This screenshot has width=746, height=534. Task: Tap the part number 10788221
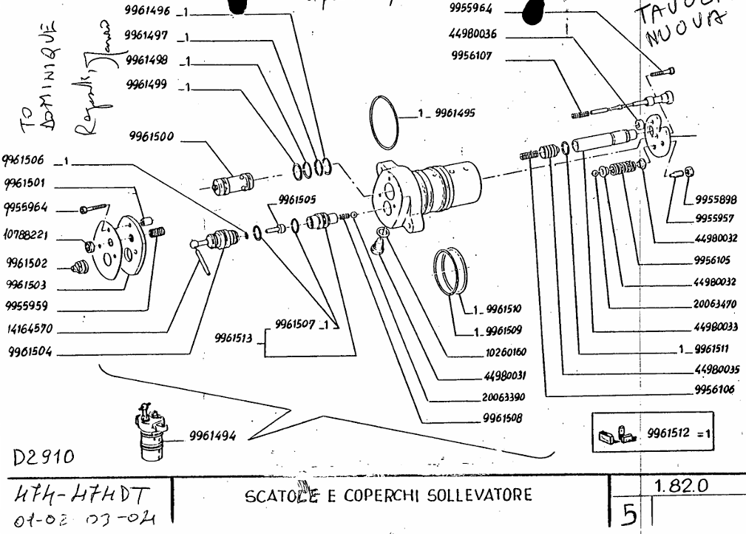[27, 235]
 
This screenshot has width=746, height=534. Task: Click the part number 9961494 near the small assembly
[214, 436]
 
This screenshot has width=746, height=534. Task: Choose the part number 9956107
[471, 56]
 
